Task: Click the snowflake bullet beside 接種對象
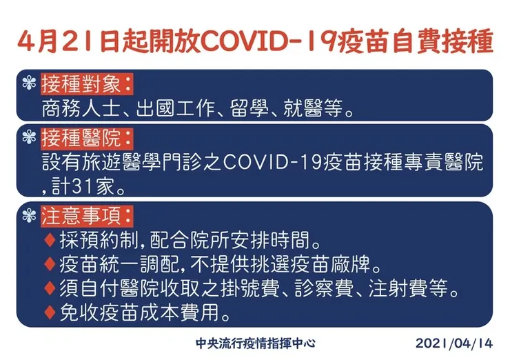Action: [x=28, y=86]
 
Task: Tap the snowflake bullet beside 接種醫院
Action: [x=28, y=137]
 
